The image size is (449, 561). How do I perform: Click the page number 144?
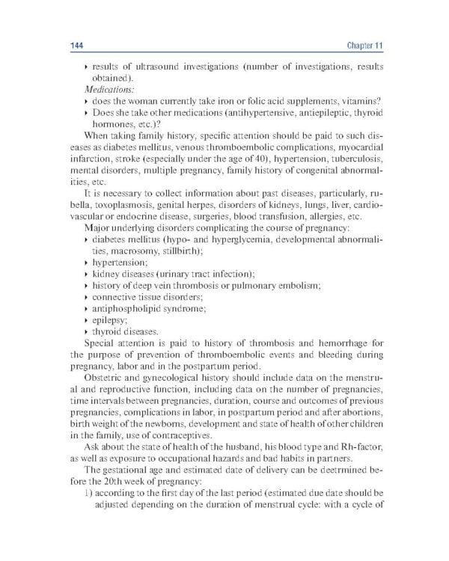67,46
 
